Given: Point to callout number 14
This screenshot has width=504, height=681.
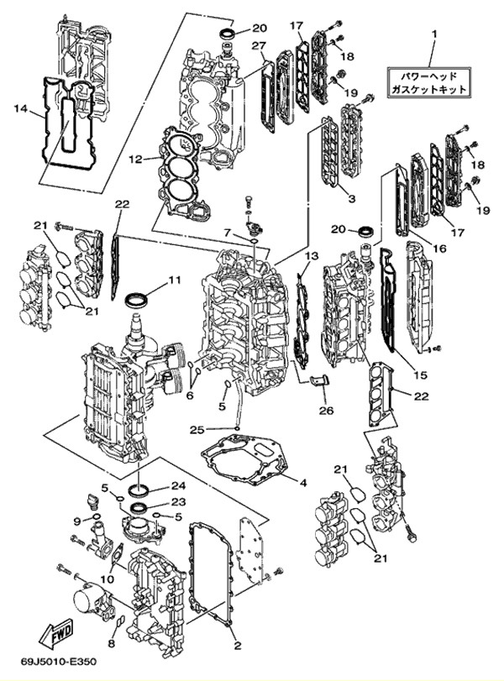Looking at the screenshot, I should coord(21,107).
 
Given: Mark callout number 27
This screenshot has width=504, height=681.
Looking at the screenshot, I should coord(258,45).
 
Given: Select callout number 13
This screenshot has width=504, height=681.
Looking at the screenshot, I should coord(312,255).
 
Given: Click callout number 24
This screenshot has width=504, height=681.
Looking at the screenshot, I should coord(178,485).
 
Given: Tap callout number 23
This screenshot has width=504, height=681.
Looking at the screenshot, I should coord(178,502).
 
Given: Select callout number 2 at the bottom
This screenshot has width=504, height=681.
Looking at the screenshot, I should coord(238,646).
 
